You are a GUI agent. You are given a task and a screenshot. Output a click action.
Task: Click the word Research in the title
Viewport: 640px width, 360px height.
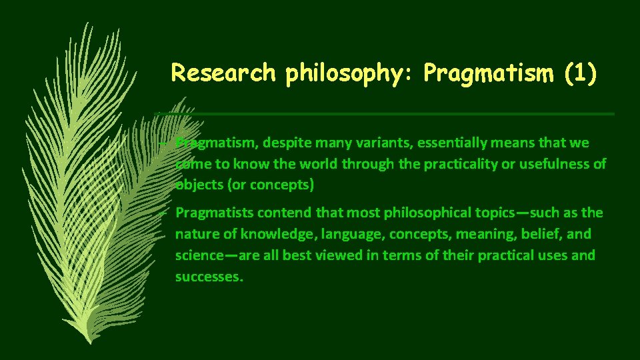[223, 73]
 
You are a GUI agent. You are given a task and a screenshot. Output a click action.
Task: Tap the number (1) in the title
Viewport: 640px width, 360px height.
[578, 73]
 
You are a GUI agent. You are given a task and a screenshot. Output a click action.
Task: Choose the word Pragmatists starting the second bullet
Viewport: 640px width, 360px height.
[211, 213]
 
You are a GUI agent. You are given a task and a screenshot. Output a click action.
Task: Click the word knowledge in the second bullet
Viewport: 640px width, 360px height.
[279, 234]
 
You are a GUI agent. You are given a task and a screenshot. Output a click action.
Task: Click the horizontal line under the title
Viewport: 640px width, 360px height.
[400, 114]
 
